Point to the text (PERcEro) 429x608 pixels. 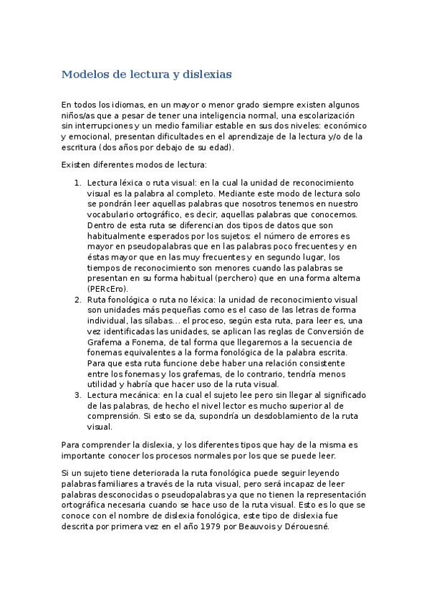point(107,288)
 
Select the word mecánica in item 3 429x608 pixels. point(137,394)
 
